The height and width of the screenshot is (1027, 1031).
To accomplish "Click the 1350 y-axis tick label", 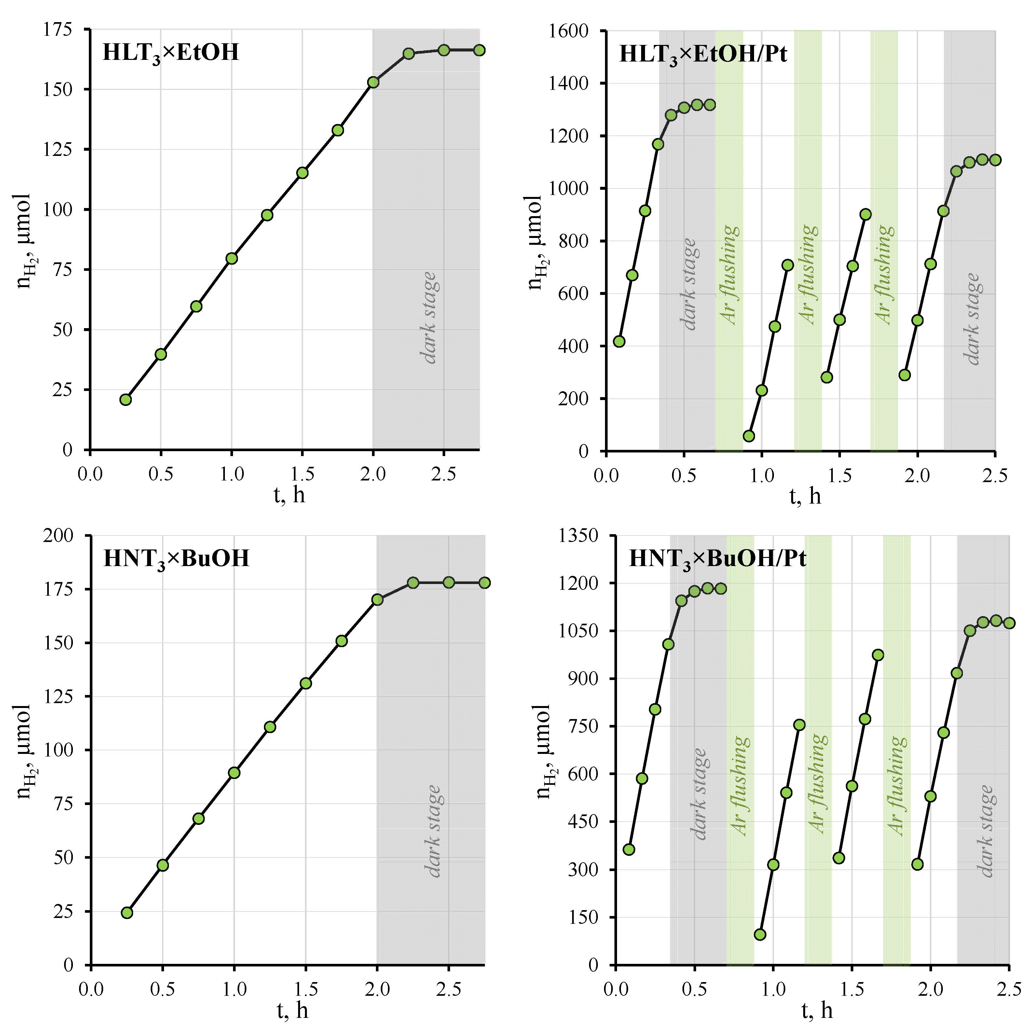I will point(578,535).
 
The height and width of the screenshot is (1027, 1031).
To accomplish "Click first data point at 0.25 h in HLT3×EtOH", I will point(125,400).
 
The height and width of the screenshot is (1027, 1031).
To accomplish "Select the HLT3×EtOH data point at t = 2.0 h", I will point(373,82).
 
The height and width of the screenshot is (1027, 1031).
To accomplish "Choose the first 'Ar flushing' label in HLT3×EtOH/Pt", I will point(730,275).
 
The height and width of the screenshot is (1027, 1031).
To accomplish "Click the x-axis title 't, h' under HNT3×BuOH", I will point(293,1010).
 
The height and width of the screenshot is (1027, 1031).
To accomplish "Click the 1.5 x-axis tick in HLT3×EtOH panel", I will point(302,474).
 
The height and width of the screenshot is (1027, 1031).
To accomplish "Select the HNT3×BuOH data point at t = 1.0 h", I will point(234,773).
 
